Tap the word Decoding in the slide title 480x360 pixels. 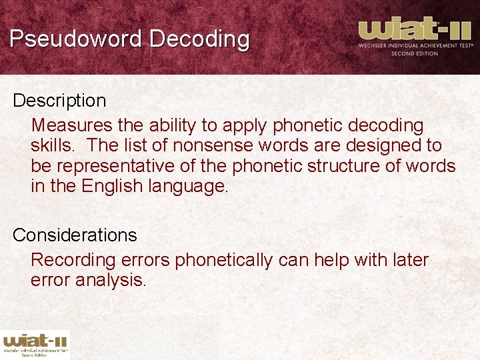click(x=199, y=39)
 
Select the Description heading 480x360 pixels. click(x=59, y=101)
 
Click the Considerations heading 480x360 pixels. click(x=75, y=235)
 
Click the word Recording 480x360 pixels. click(x=71, y=260)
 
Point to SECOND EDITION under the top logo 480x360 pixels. click(x=414, y=53)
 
